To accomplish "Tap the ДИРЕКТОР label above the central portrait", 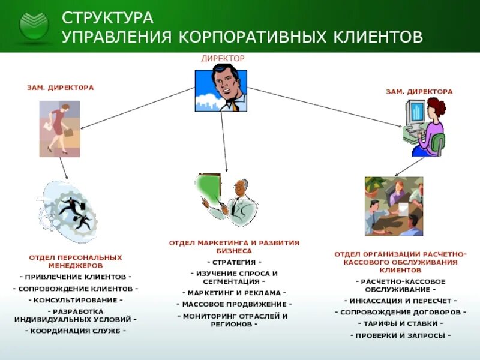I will click(x=223, y=58).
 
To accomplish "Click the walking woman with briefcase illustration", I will click(x=59, y=128).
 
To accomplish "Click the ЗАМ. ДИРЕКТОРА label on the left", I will click(x=61, y=88).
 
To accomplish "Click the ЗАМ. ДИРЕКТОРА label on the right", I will click(x=419, y=92).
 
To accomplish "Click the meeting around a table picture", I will click(x=394, y=206).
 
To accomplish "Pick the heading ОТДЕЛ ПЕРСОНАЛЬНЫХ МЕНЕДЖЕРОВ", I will click(x=76, y=261).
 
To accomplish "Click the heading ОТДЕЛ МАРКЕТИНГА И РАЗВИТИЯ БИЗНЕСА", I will click(x=234, y=247).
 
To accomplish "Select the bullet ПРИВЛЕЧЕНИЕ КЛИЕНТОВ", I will click(x=76, y=277).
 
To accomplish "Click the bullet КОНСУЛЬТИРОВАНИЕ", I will click(x=76, y=299).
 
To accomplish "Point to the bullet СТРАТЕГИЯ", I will click(x=234, y=262).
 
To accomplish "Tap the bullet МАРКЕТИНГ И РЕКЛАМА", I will click(x=234, y=292).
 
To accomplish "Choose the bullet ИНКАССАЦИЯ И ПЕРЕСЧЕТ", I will click(x=400, y=301).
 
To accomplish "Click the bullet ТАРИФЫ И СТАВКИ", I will click(x=400, y=323).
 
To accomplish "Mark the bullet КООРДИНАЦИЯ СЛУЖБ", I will click(x=76, y=331).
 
